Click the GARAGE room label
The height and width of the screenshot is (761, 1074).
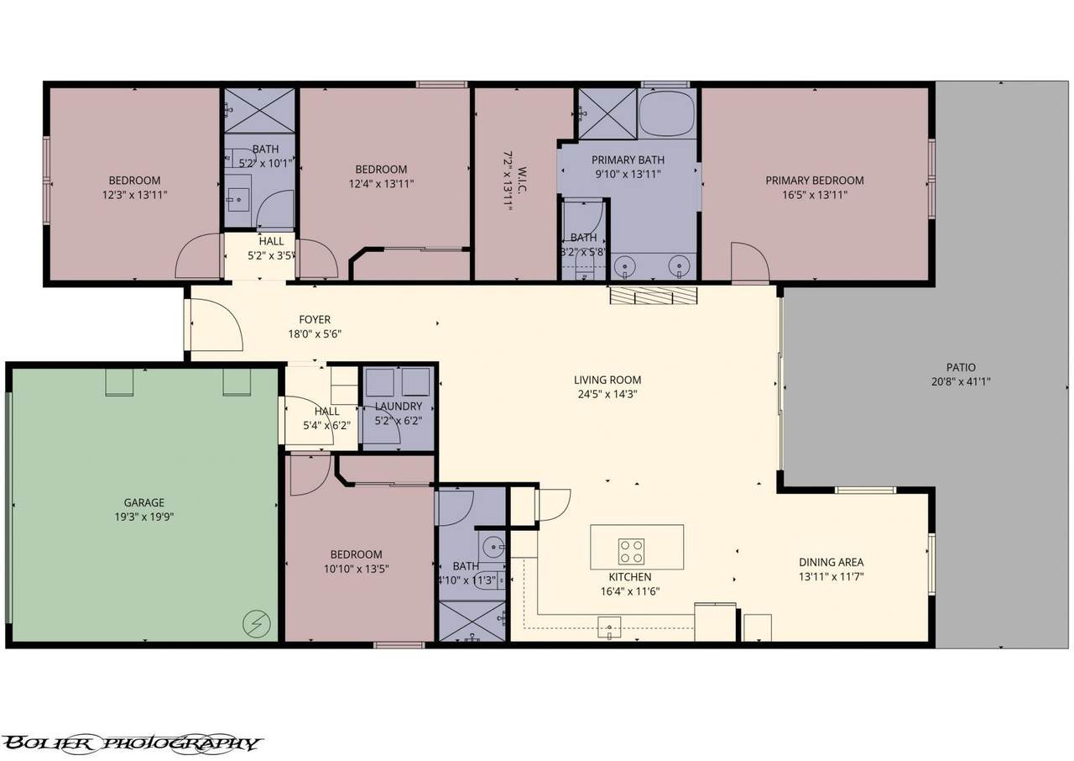click(x=143, y=502)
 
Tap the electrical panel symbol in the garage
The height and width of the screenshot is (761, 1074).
click(x=257, y=624)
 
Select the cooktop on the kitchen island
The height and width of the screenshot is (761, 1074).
click(x=631, y=551)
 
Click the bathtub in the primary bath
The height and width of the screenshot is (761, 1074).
click(x=667, y=113)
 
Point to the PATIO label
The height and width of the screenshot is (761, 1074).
click(x=961, y=368)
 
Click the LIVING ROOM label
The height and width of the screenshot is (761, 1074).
click(x=607, y=380)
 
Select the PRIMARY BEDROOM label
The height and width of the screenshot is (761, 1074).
click(x=815, y=181)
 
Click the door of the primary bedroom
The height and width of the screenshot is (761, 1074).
click(x=750, y=261)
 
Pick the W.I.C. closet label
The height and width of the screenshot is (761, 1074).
click(x=523, y=181)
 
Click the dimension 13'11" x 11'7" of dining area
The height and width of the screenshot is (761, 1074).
click(x=831, y=577)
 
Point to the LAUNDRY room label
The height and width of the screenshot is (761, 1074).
click(x=399, y=407)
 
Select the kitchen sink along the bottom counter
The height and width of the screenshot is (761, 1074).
click(x=609, y=627)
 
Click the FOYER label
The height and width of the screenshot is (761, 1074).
click(x=315, y=319)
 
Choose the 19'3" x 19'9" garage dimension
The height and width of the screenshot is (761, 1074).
click(x=143, y=517)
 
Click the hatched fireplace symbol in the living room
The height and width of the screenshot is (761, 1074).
click(x=654, y=296)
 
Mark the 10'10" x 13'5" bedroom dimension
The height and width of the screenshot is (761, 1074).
click(x=357, y=569)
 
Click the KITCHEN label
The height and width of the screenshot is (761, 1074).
click(x=630, y=577)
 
